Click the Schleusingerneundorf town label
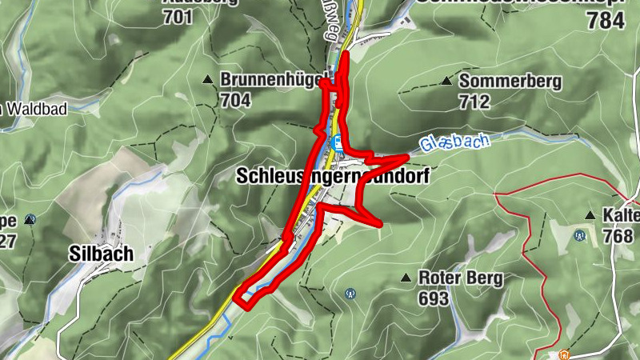[332, 178]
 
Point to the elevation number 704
[236, 101]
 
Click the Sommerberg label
[510, 81]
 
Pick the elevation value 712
[474, 102]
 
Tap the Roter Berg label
[460, 278]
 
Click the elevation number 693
[434, 298]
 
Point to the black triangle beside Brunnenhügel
[207, 80]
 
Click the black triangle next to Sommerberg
[446, 81]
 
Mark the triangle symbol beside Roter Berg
[406, 278]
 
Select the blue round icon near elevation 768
[579, 236]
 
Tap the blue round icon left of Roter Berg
[350, 294]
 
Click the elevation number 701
[177, 16]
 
